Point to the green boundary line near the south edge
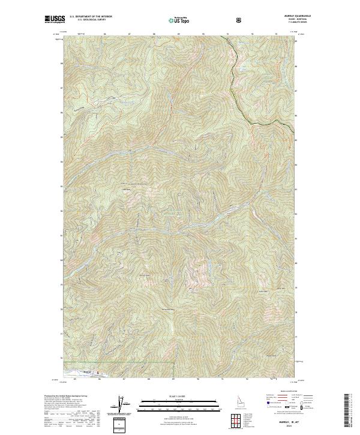click(x=120, y=363)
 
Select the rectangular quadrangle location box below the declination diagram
click(x=122, y=424)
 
